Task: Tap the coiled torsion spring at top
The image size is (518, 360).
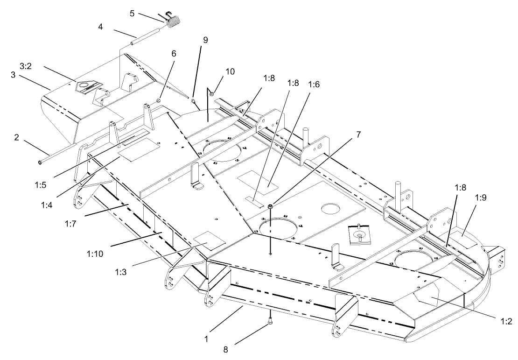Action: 174,21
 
